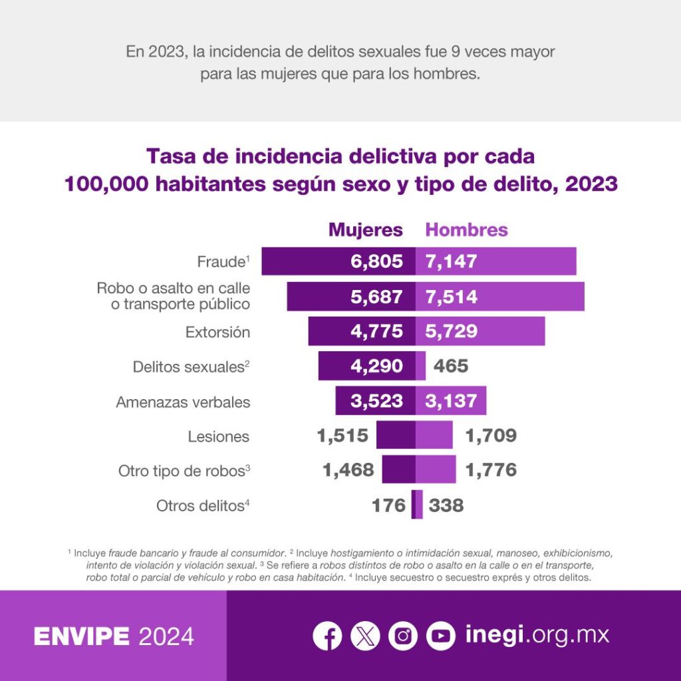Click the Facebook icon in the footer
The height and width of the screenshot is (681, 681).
pyautogui.click(x=327, y=636)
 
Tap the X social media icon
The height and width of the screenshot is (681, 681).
pyautogui.click(x=365, y=636)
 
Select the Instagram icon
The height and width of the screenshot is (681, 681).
pyautogui.click(x=403, y=636)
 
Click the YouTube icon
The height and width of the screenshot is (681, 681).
pyautogui.click(x=440, y=636)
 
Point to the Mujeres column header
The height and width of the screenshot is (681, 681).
pyautogui.click(x=366, y=230)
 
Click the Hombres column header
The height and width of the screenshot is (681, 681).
pyautogui.click(x=466, y=230)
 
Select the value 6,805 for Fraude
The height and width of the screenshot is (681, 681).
pyautogui.click(x=377, y=261)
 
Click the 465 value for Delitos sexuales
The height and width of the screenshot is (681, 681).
pyautogui.click(x=451, y=366)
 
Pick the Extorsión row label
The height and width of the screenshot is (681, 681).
pyautogui.click(x=217, y=332)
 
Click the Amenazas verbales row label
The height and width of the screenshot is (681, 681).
pyautogui.click(x=183, y=402)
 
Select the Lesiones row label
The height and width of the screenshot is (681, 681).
pyautogui.click(x=218, y=437)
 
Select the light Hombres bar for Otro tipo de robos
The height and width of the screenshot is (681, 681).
pyautogui.click(x=436, y=470)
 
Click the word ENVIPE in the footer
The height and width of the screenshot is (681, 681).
pyautogui.click(x=82, y=636)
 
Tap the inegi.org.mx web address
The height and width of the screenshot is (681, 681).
pyautogui.click(x=537, y=634)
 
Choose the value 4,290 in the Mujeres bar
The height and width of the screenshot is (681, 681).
pyautogui.click(x=377, y=366)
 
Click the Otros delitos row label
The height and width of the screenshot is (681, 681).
pyautogui.click(x=203, y=506)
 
